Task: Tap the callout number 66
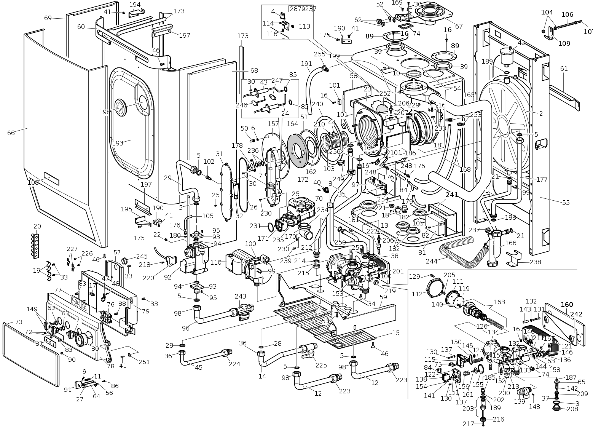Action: click(x=11, y=133)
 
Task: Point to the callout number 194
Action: click(x=135, y=5)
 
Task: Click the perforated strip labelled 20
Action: click(x=37, y=246)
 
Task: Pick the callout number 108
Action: click(x=33, y=182)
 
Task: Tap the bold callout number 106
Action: click(x=567, y=14)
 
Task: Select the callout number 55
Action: click(x=566, y=203)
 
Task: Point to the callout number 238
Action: click(x=535, y=262)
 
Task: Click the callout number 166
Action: click(x=510, y=243)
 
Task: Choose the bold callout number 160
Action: click(x=567, y=304)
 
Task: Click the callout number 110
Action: click(x=216, y=262)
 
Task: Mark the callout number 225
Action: click(x=321, y=365)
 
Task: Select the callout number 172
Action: click(x=303, y=179)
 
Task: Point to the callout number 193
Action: click(x=118, y=143)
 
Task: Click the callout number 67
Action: click(x=459, y=26)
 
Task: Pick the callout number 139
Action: click(x=519, y=402)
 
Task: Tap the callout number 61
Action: click(x=564, y=69)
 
